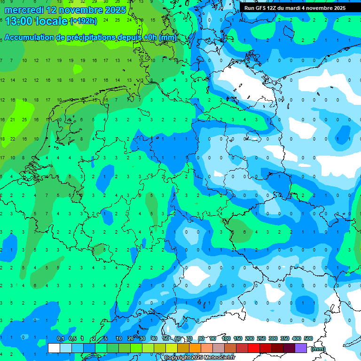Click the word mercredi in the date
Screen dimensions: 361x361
24,10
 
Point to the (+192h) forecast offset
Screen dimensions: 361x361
83,21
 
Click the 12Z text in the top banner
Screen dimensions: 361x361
276,8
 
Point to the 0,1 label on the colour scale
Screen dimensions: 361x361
61,339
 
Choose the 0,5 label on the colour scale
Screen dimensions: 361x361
72,339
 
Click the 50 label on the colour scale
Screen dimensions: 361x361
166,339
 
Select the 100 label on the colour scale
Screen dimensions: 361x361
226,339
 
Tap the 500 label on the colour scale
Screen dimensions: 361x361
308,339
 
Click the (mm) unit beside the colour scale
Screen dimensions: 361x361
318,348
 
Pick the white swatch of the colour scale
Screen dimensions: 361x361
54,348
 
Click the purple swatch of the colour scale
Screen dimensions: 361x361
301,348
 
